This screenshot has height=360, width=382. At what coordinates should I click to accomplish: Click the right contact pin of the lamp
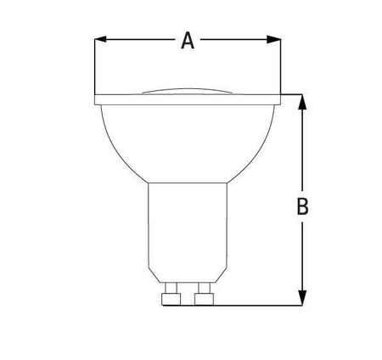tap(204, 297)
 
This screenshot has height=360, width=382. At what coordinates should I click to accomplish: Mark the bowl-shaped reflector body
tap(188, 140)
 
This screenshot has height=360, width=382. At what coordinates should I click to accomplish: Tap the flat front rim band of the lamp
tap(188, 98)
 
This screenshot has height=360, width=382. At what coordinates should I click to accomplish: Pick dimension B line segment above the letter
tap(302, 149)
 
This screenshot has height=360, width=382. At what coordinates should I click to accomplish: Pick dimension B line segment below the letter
tap(302, 255)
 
